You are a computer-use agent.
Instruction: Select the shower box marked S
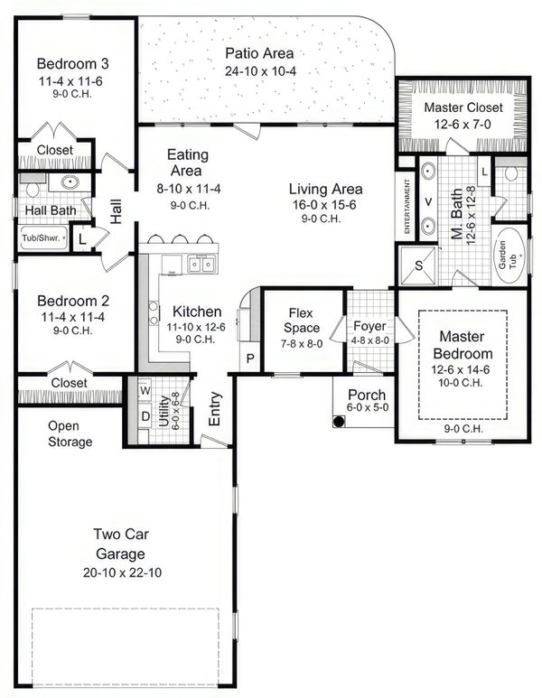(x=418, y=267)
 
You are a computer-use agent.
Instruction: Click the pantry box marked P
(x=249, y=358)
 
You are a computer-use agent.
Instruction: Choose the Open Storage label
(x=70, y=433)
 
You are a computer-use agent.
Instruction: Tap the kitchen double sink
(x=201, y=265)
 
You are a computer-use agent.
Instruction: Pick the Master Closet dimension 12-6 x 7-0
(x=463, y=125)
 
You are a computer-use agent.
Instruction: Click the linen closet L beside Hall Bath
(x=82, y=238)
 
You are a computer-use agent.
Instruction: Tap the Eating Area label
(x=184, y=163)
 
